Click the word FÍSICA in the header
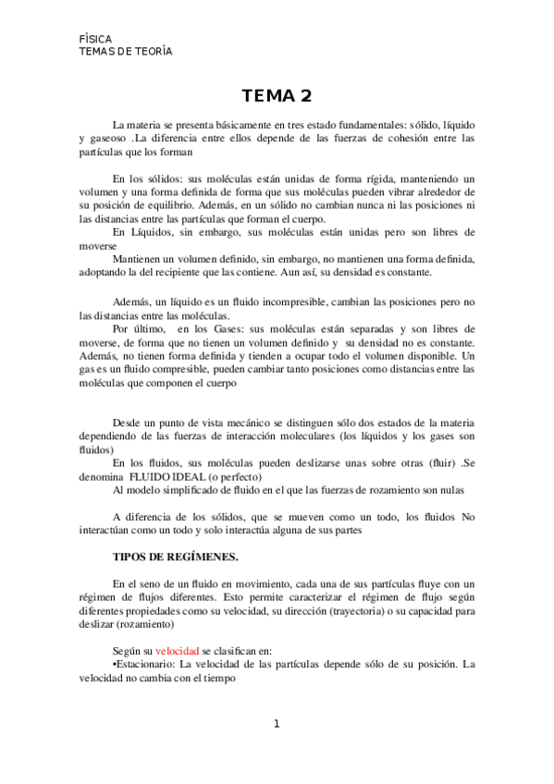click(x=96, y=40)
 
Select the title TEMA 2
click(x=276, y=96)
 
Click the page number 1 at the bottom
click(x=276, y=723)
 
